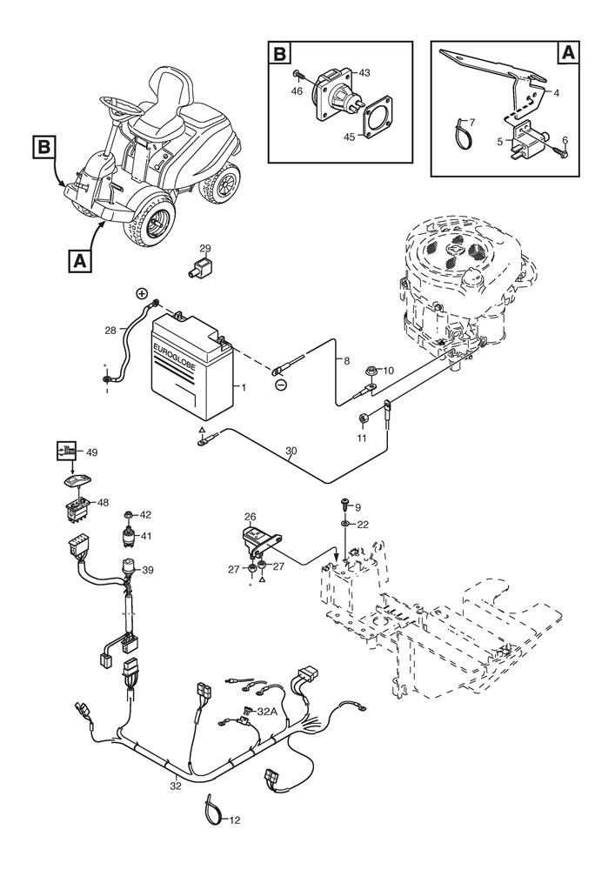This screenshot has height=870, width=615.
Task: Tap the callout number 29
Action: [205, 249]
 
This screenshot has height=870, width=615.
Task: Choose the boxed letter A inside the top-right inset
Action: [567, 53]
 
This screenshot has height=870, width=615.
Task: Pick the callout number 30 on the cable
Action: [290, 452]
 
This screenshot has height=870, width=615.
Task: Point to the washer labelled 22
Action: [346, 525]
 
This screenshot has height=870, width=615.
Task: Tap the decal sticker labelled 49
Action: [65, 452]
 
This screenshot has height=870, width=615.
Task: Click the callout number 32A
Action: [266, 710]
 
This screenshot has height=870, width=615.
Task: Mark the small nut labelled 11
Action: [363, 421]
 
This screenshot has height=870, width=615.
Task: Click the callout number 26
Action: [251, 517]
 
